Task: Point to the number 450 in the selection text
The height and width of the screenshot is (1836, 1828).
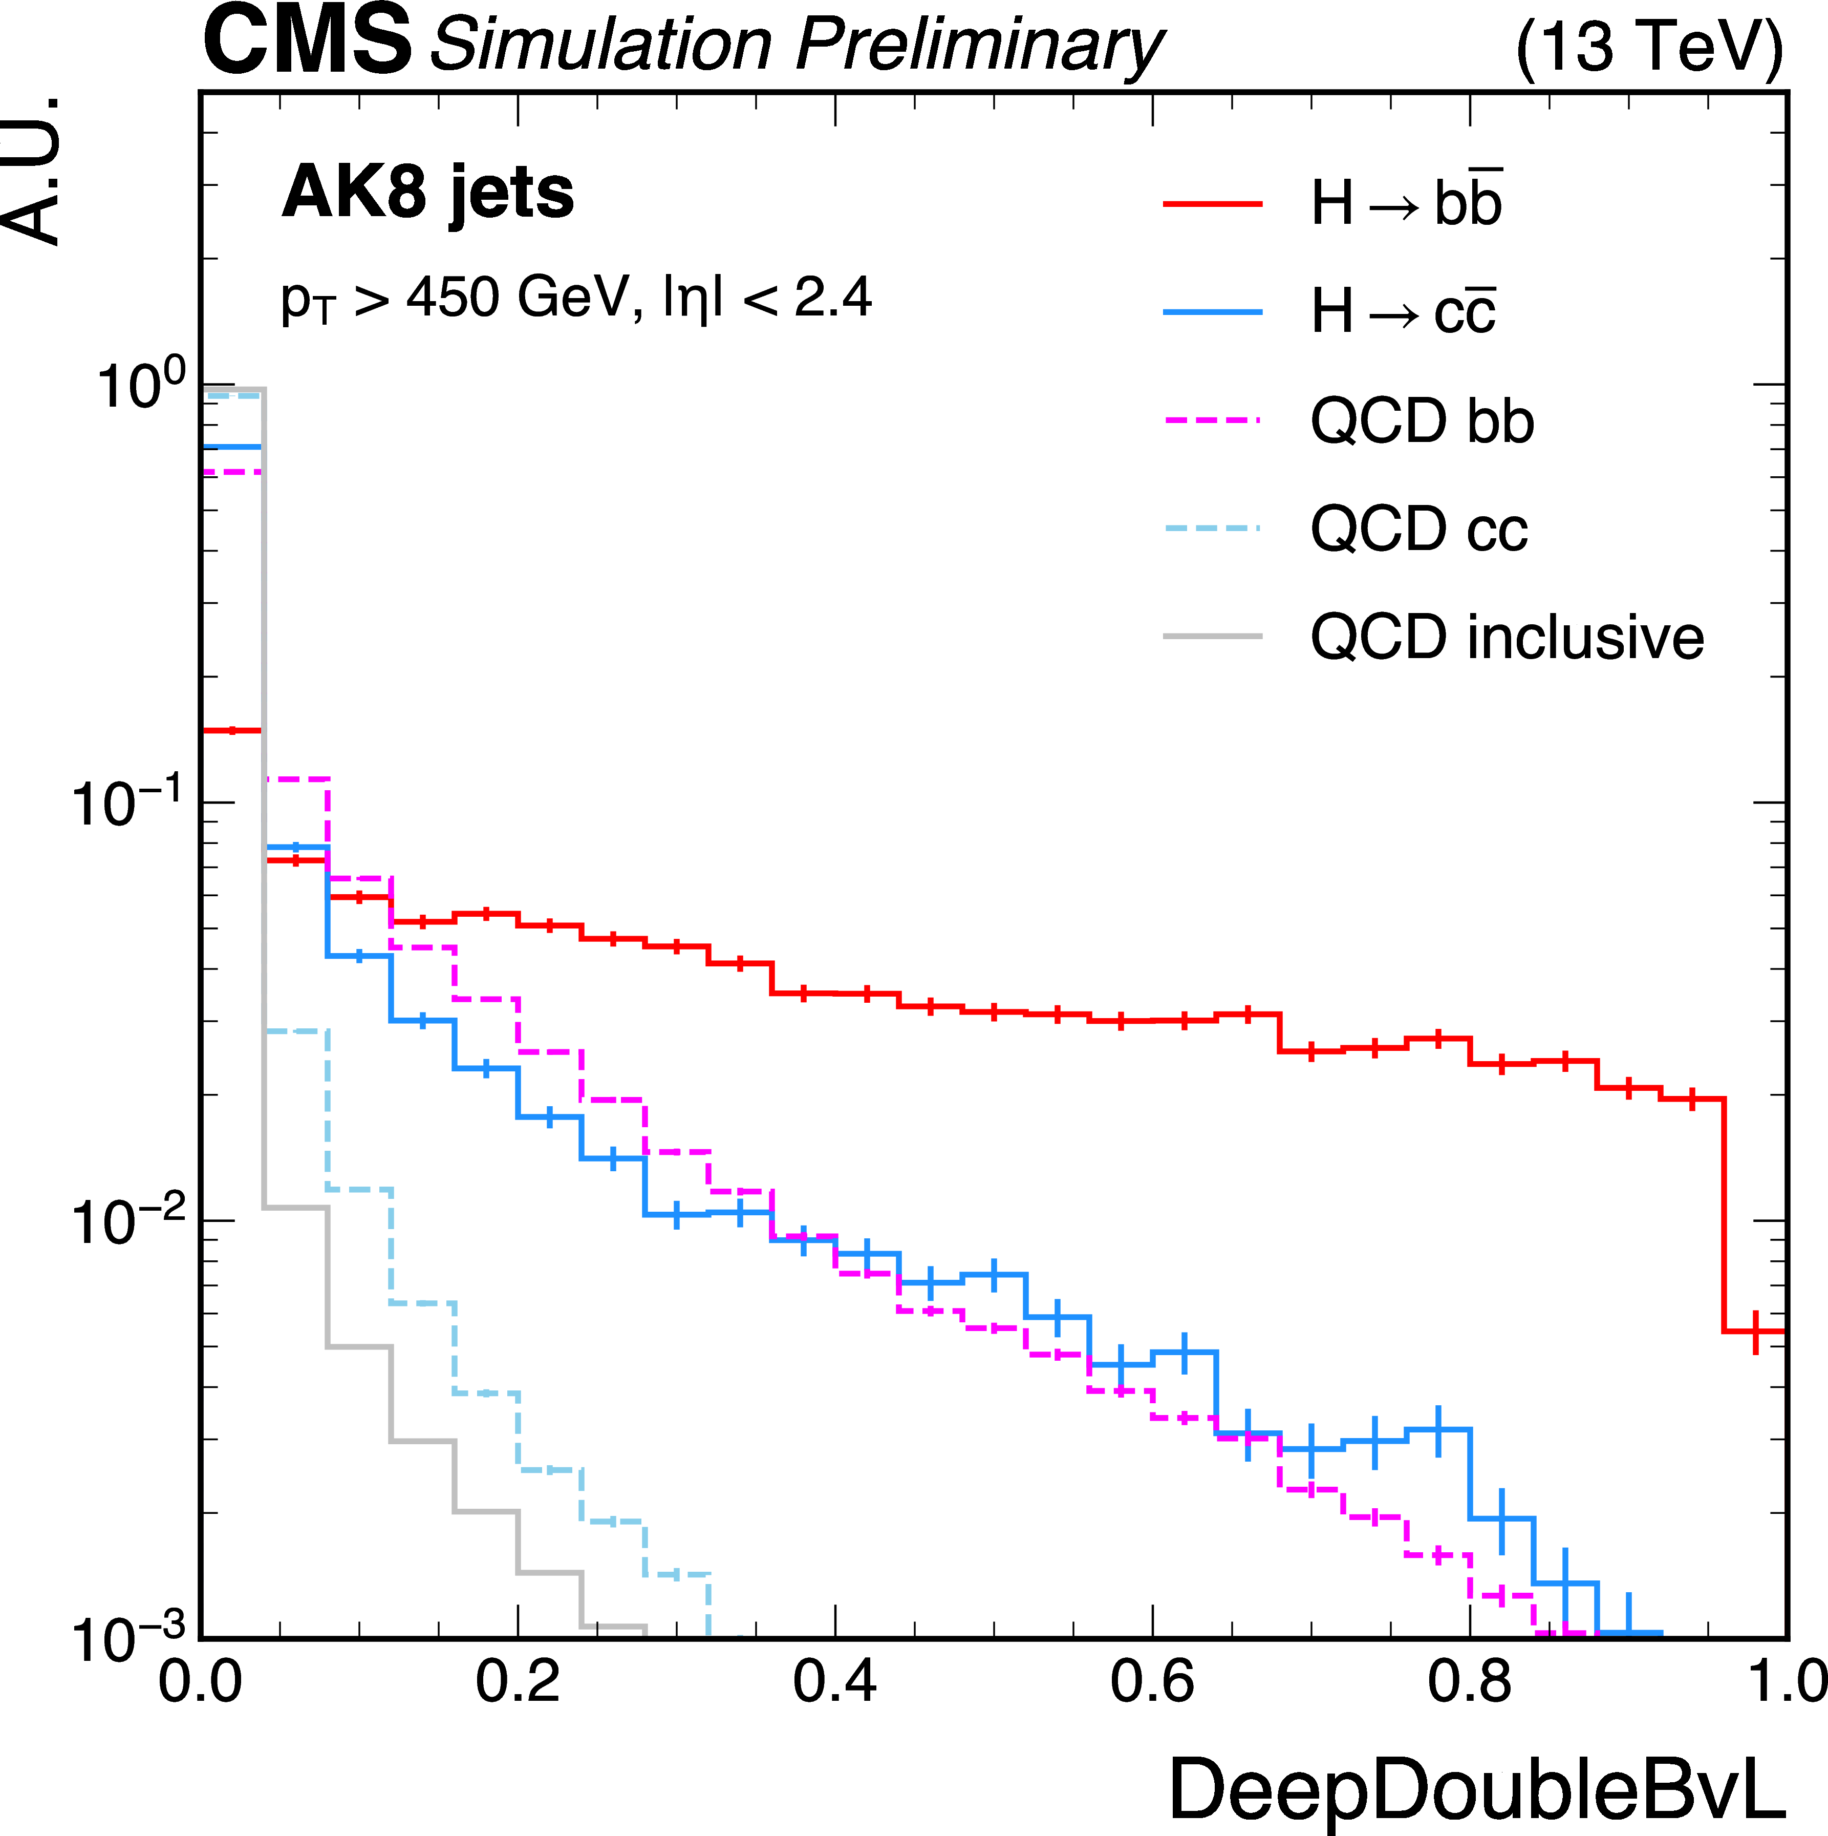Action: tap(452, 298)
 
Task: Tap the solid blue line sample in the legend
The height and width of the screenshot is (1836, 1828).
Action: tap(1212, 312)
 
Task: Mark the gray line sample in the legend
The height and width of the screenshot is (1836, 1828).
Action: tap(1212, 636)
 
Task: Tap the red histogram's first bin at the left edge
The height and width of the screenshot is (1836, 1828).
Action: tap(233, 731)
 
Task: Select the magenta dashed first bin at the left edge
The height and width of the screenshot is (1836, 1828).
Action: tap(233, 471)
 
